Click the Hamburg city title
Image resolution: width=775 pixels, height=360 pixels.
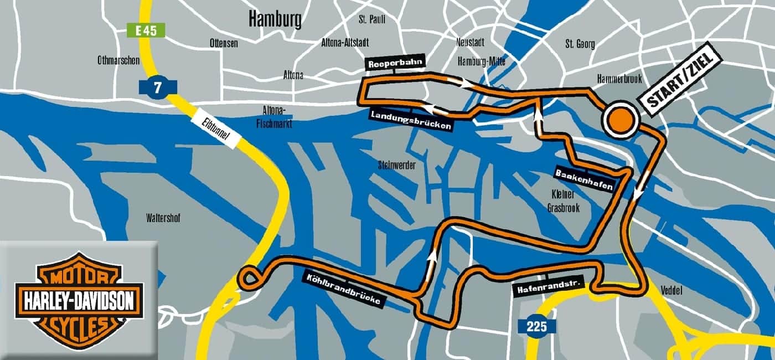click(x=275, y=19)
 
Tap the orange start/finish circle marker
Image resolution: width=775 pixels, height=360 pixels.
click(x=621, y=119)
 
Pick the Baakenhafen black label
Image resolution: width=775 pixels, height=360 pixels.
click(x=584, y=180)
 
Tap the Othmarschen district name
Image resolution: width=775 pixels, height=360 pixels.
click(x=118, y=61)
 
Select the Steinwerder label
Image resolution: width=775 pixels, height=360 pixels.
click(x=396, y=165)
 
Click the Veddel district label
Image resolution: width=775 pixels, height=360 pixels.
click(x=671, y=291)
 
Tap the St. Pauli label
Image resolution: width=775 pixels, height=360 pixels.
click(x=371, y=19)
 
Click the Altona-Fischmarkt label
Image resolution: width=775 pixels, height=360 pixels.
click(x=274, y=116)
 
